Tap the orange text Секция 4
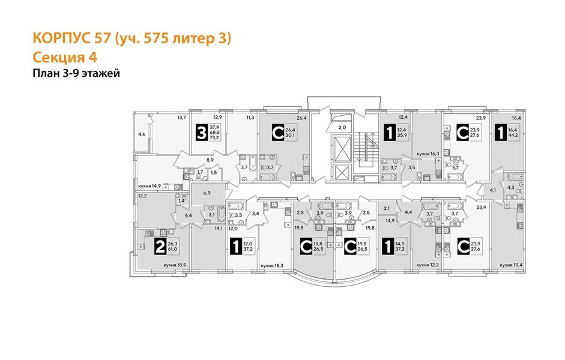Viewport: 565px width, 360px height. [x=64, y=58]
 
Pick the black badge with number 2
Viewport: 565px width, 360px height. [x=160, y=245]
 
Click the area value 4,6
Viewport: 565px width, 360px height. [x=142, y=134]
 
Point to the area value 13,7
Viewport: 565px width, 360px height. [x=181, y=118]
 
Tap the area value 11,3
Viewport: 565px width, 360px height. [x=250, y=118]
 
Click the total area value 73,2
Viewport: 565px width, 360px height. [x=214, y=136]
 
